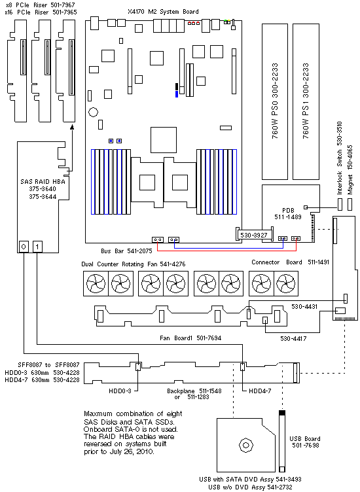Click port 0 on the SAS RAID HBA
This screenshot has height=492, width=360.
(x=24, y=247)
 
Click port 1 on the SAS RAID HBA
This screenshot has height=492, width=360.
(x=37, y=247)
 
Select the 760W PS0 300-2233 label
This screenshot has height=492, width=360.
(x=275, y=101)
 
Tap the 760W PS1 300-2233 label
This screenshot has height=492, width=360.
(x=306, y=101)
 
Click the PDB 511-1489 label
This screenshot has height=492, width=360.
(x=288, y=213)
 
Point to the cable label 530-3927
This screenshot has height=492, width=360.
(x=254, y=235)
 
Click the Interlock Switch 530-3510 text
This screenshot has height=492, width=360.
(x=340, y=158)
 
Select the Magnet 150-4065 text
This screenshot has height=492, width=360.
(x=350, y=169)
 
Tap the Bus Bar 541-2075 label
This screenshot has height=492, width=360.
(x=126, y=251)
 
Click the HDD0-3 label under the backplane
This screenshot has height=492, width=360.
(x=120, y=391)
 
